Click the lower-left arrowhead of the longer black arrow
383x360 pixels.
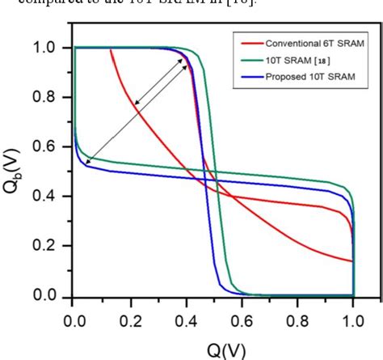point(86,164)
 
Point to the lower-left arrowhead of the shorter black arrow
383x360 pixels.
point(136,105)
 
